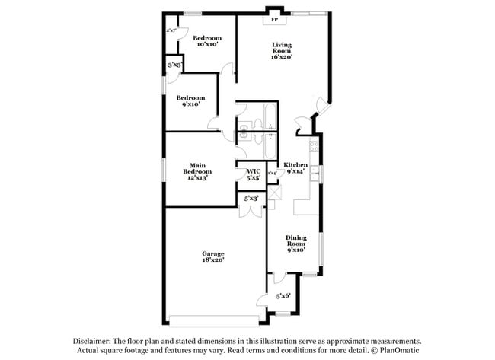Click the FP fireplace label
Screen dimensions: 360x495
click(274, 20)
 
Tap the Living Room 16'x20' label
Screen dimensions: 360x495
click(283, 50)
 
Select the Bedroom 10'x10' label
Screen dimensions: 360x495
click(206, 41)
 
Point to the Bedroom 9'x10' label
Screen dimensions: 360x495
click(190, 100)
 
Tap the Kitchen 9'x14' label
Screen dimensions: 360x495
click(295, 168)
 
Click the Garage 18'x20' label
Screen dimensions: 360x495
click(212, 256)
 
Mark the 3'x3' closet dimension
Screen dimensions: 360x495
click(174, 65)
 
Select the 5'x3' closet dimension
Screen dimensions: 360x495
click(251, 199)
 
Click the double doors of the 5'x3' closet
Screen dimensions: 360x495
click(250, 211)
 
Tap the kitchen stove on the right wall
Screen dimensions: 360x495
click(314, 145)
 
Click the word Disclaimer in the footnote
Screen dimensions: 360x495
click(92, 342)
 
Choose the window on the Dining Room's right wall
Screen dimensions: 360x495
click(323, 247)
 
